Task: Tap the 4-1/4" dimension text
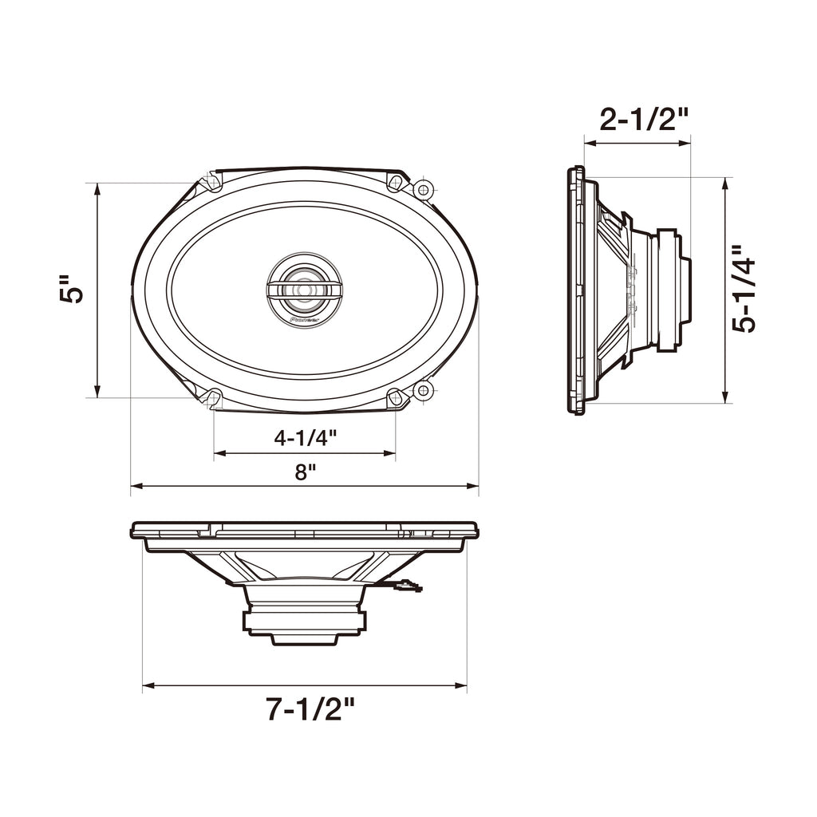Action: coord(306,438)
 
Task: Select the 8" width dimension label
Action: coord(306,472)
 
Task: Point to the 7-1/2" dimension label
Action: coord(310,708)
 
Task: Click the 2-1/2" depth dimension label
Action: coord(644,120)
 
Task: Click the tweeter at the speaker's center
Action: coord(304,290)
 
